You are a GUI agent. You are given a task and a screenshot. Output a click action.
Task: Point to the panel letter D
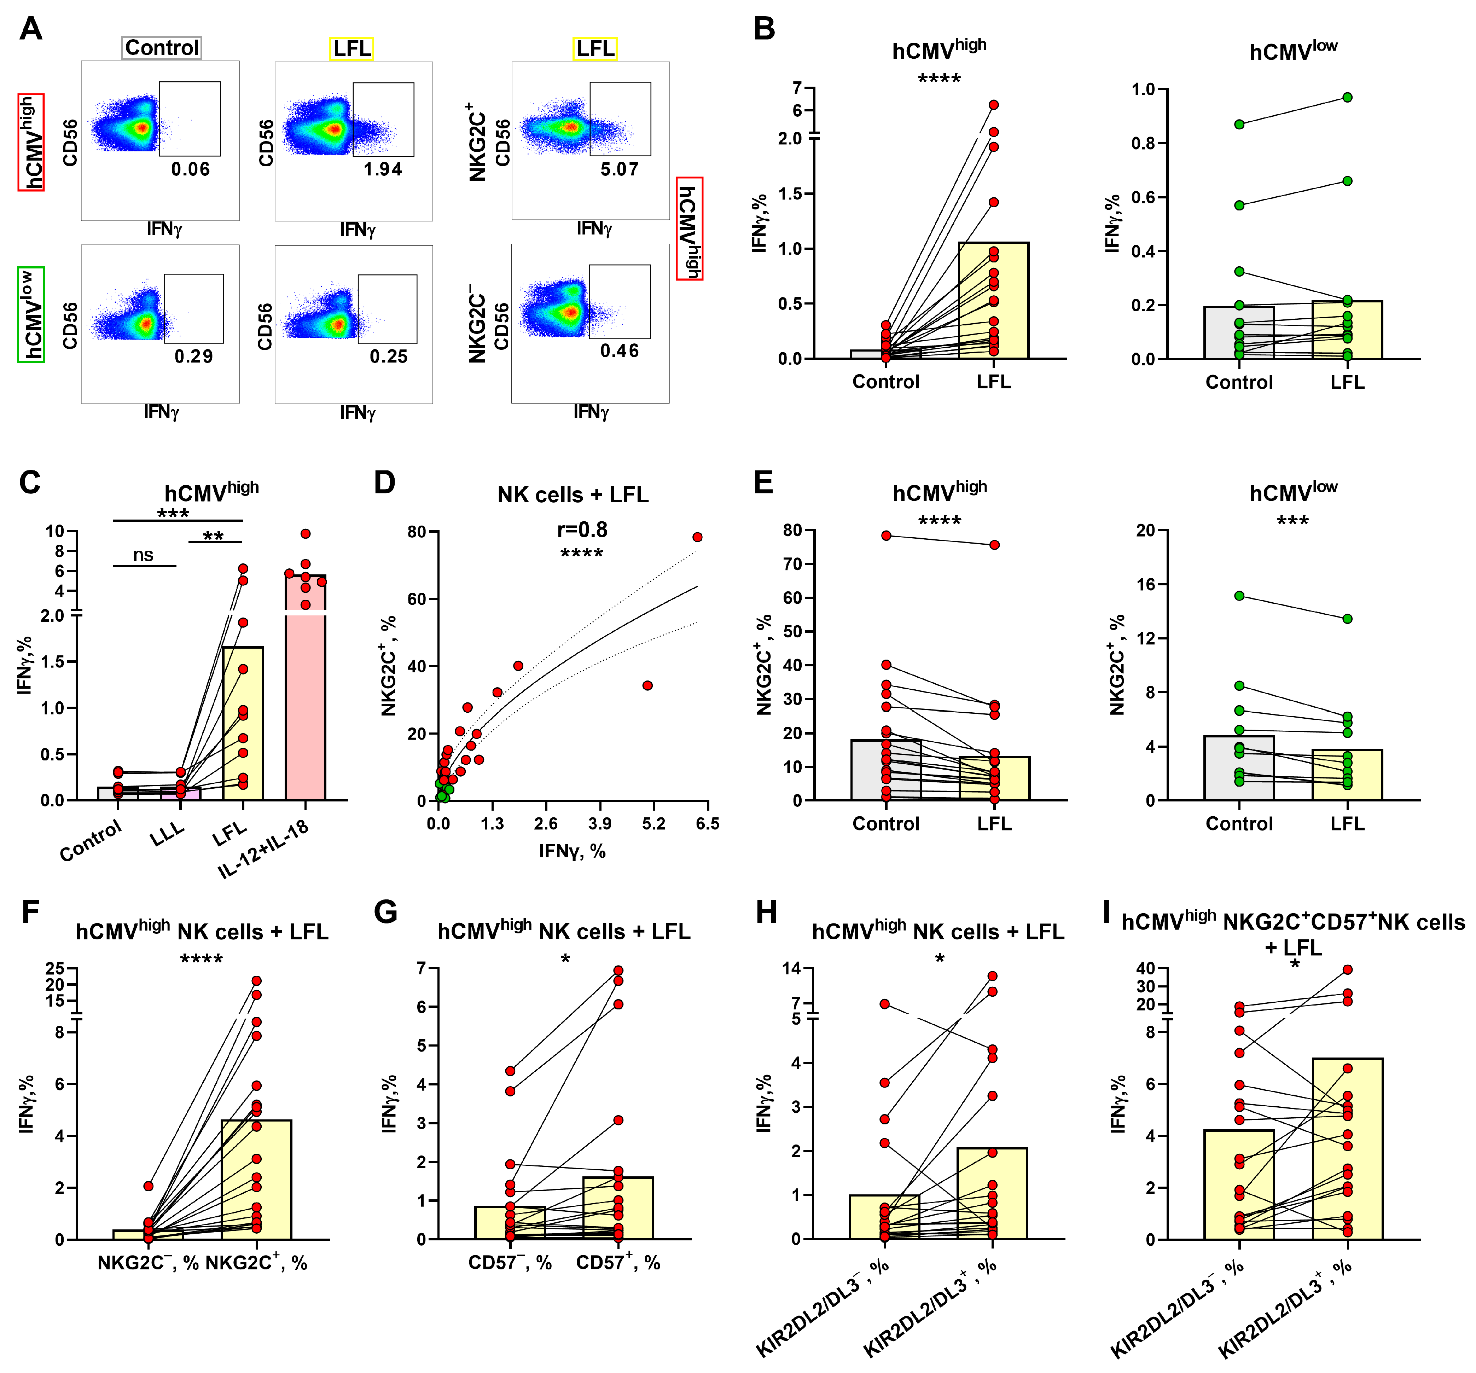coord(385,483)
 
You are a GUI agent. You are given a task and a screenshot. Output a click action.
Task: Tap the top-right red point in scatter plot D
coord(697,537)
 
